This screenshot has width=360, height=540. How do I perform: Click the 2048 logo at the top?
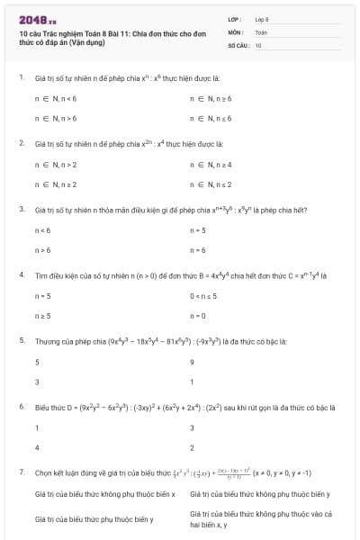click(x=38, y=18)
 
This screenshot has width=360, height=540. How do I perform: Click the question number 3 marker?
click(x=21, y=210)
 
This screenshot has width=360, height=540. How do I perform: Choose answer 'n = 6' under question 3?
click(x=198, y=250)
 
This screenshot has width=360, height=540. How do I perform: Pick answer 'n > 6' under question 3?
click(x=42, y=250)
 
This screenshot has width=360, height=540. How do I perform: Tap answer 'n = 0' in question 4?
click(x=198, y=316)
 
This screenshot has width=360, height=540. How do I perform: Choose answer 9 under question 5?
click(x=193, y=361)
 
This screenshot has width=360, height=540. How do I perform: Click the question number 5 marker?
click(x=21, y=341)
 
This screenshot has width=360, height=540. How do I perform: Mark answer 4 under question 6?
click(x=37, y=447)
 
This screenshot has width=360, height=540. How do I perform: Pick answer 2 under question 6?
click(x=193, y=447)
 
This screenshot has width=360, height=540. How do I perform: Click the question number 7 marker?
click(x=21, y=472)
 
